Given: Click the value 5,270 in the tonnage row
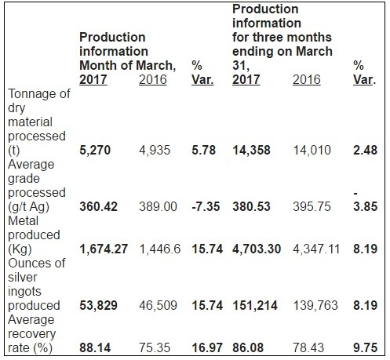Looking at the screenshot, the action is tap(95, 151).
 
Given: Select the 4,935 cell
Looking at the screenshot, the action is tap(155, 151).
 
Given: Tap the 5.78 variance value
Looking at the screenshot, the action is tap(204, 150).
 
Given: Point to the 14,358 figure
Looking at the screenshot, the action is tap(251, 151).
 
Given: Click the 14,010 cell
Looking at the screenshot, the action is tap(312, 151).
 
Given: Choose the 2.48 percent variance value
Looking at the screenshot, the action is tap(365, 150).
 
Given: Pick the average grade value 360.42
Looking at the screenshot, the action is tap(98, 206).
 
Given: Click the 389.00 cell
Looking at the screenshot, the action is tap(158, 206).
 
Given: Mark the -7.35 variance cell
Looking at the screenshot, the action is tap(206, 206).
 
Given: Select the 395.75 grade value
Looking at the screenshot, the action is tap(312, 206).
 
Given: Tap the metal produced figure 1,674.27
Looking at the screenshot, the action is tap(104, 249).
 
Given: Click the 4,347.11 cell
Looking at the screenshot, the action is tap(316, 249).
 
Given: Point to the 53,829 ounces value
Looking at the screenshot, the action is tap(98, 306).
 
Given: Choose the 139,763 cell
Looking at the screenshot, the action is tap(315, 306).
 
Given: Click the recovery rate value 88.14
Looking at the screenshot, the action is tap(95, 347).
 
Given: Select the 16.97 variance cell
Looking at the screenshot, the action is tap(207, 347).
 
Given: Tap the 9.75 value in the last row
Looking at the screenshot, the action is tap(365, 347).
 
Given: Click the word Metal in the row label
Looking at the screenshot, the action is tap(23, 221).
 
